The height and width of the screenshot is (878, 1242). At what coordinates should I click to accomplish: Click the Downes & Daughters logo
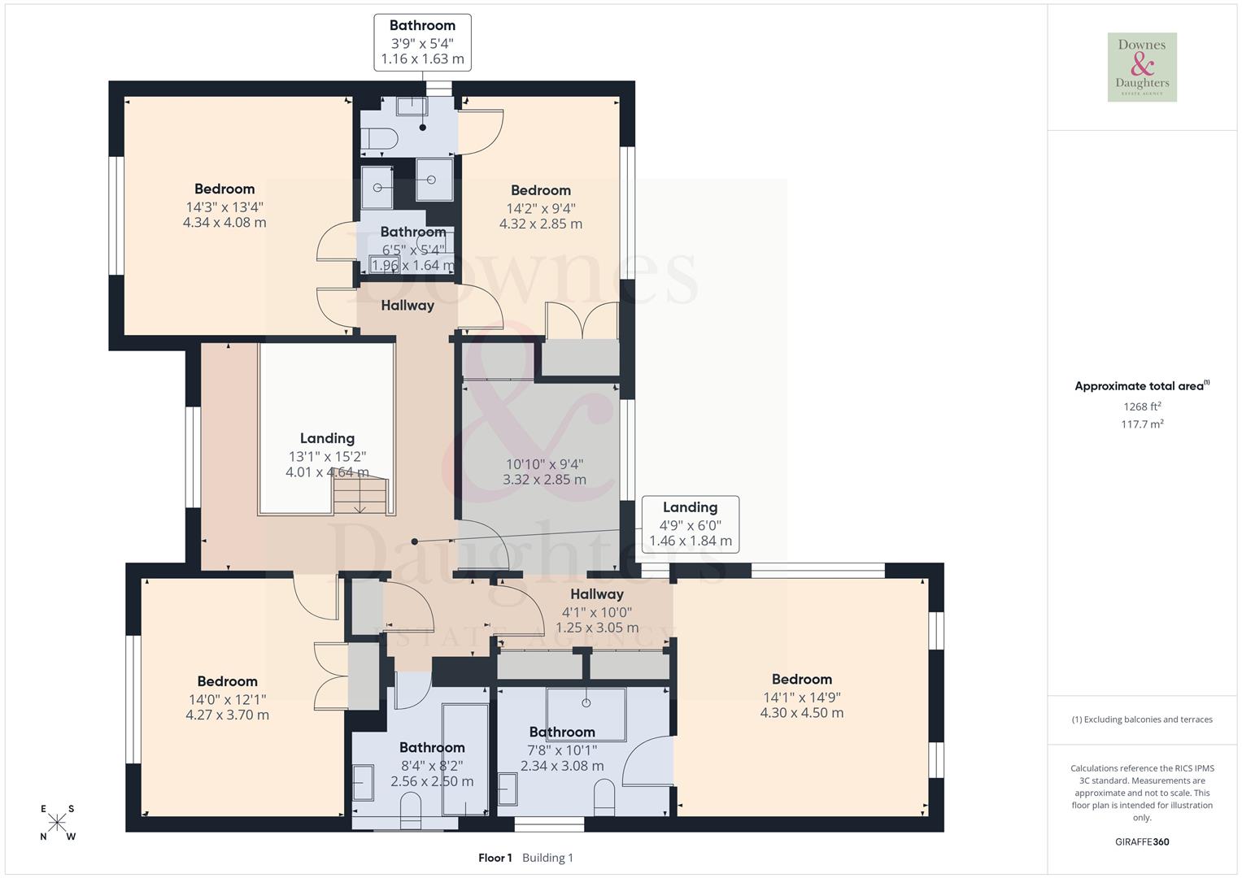1142,67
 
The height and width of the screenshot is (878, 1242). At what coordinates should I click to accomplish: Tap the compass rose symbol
57,823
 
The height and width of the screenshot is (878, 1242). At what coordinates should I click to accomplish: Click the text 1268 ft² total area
1142,406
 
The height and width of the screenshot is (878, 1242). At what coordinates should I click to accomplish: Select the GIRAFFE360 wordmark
1142,841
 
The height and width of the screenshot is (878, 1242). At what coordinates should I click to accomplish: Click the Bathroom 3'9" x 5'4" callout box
422,42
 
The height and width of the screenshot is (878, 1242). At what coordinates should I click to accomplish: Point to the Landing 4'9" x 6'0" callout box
690,524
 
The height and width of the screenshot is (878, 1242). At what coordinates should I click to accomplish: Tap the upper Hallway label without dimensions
407,306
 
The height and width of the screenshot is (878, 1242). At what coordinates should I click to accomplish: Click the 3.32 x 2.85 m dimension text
544,480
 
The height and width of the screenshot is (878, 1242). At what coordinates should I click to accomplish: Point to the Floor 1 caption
495,858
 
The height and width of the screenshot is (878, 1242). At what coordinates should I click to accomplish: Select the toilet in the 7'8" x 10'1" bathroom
604,798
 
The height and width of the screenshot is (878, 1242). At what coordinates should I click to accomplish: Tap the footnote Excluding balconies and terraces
1142,719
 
